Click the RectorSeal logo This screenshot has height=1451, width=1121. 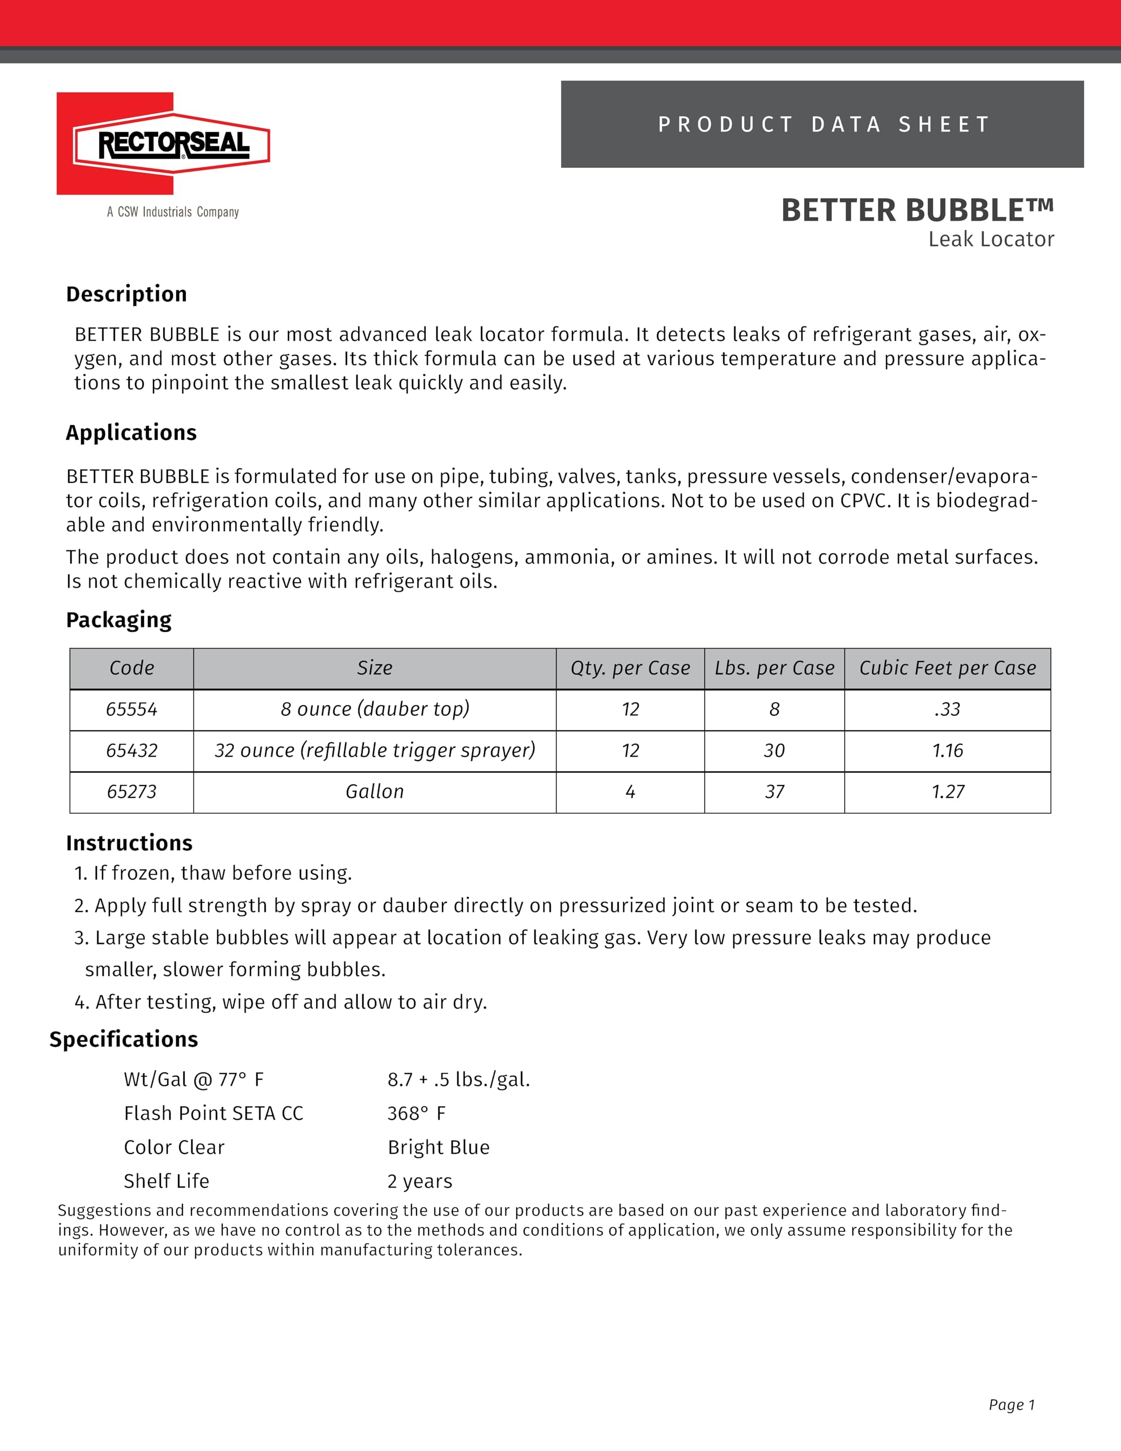click(x=163, y=143)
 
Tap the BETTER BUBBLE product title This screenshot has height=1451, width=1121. click(x=917, y=211)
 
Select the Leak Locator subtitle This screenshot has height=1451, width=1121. click(x=991, y=239)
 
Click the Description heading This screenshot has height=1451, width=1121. click(x=126, y=294)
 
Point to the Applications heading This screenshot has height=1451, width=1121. click(x=131, y=432)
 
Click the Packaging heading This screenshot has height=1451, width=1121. click(x=118, y=620)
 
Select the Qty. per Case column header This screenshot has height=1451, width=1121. click(x=630, y=668)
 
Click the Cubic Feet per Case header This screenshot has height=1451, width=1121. click(x=948, y=668)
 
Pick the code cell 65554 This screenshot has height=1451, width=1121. click(x=131, y=710)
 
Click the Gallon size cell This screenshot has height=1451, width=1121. click(x=375, y=792)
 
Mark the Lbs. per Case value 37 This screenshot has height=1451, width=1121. click(x=774, y=792)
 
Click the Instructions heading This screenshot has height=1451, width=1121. click(x=129, y=843)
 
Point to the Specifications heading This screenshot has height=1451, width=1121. click(x=124, y=1039)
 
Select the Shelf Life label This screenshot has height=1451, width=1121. click(x=166, y=1181)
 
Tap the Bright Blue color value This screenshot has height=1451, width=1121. click(x=439, y=1147)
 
